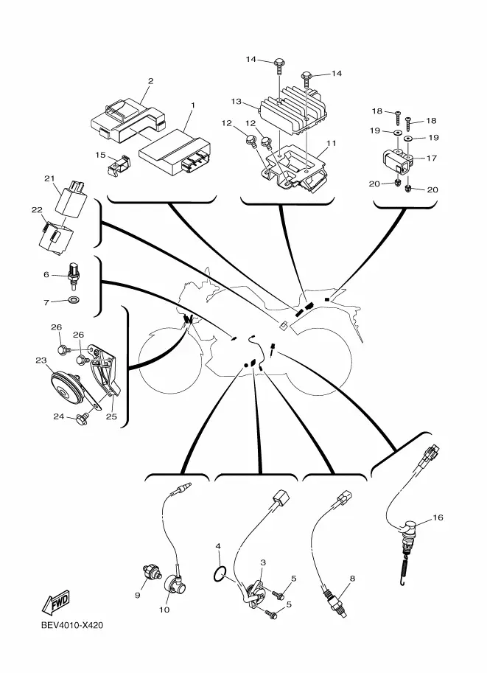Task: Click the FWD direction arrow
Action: pos(55,603)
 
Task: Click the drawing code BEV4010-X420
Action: pos(72,625)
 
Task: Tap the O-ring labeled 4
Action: pos(220,573)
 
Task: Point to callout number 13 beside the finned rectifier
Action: pos(237,102)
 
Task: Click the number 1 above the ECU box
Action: pos(192,105)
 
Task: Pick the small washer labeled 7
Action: pos(74,299)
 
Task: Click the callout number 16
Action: pos(438,517)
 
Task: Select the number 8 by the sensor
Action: pos(352,579)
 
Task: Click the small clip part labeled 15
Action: pos(119,164)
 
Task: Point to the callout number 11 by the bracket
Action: pos(332,143)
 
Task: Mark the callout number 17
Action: pos(431,158)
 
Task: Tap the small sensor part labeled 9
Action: pos(152,572)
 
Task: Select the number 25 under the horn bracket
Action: pos(111,416)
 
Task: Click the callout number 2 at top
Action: pos(150,80)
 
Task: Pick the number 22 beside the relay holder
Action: pos(37,209)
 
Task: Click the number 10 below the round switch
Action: pos(164,610)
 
